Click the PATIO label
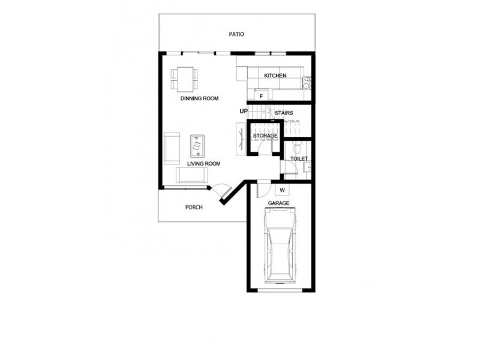click(x=236, y=34)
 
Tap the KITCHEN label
click(x=275, y=76)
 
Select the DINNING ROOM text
click(x=199, y=98)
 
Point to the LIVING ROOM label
click(x=203, y=163)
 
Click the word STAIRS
click(x=283, y=112)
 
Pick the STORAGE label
click(x=265, y=136)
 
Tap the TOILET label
click(x=299, y=159)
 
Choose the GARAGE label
click(x=279, y=203)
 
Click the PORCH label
click(x=194, y=208)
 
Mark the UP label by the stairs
click(x=243, y=111)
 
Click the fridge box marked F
click(x=262, y=96)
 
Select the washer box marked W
click(x=281, y=190)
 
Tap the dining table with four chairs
click(x=184, y=76)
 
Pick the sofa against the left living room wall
click(x=172, y=148)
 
